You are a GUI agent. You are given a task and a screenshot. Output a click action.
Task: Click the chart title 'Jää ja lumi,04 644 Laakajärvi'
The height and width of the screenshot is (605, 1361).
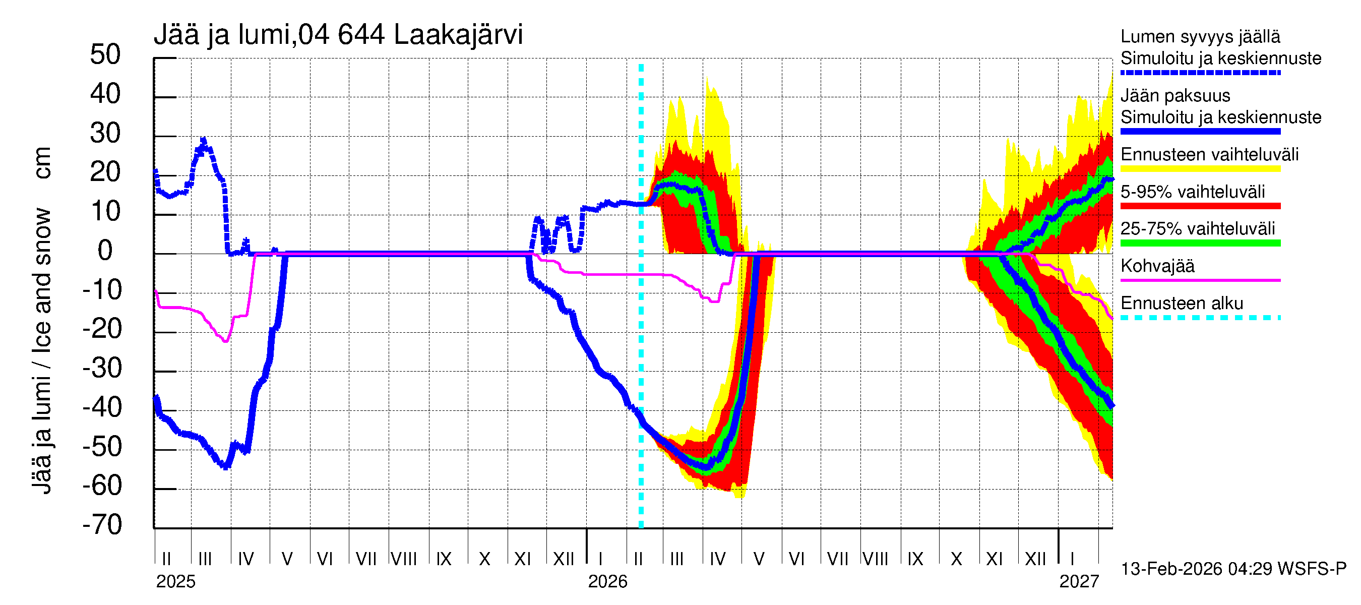click(338, 35)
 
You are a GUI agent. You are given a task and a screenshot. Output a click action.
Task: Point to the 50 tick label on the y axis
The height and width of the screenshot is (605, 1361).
click(105, 55)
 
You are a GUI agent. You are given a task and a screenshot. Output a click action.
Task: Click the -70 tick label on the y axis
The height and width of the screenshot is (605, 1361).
click(102, 525)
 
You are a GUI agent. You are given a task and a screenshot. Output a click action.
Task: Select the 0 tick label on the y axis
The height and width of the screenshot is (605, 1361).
click(105, 251)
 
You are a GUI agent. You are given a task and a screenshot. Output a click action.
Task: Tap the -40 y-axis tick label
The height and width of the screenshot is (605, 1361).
click(102, 407)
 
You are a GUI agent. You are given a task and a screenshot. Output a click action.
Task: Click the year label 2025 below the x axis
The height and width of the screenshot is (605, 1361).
click(175, 582)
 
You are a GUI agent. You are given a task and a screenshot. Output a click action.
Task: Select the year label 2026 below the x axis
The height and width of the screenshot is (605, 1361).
click(607, 582)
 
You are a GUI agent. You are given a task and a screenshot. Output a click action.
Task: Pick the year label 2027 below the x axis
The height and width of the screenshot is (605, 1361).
click(1079, 582)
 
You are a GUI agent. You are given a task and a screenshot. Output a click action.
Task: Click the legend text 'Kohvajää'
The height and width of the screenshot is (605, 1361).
click(1157, 266)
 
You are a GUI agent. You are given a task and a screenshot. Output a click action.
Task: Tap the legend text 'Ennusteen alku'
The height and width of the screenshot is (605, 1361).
click(1182, 304)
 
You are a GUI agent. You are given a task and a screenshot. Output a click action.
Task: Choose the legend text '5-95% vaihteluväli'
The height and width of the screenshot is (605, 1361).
click(1193, 192)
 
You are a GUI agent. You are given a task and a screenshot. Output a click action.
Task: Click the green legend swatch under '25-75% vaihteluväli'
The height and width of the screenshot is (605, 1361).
click(1200, 244)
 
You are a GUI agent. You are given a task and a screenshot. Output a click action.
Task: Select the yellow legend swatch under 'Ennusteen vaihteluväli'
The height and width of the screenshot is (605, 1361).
click(1200, 169)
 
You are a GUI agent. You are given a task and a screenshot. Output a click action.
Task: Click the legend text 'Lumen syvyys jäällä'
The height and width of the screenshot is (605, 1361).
click(1200, 37)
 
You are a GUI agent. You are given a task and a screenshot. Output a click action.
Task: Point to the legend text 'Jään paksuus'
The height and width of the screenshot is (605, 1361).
click(1175, 96)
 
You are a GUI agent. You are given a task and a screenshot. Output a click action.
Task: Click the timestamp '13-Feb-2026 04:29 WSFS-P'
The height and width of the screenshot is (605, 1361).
click(1233, 569)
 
